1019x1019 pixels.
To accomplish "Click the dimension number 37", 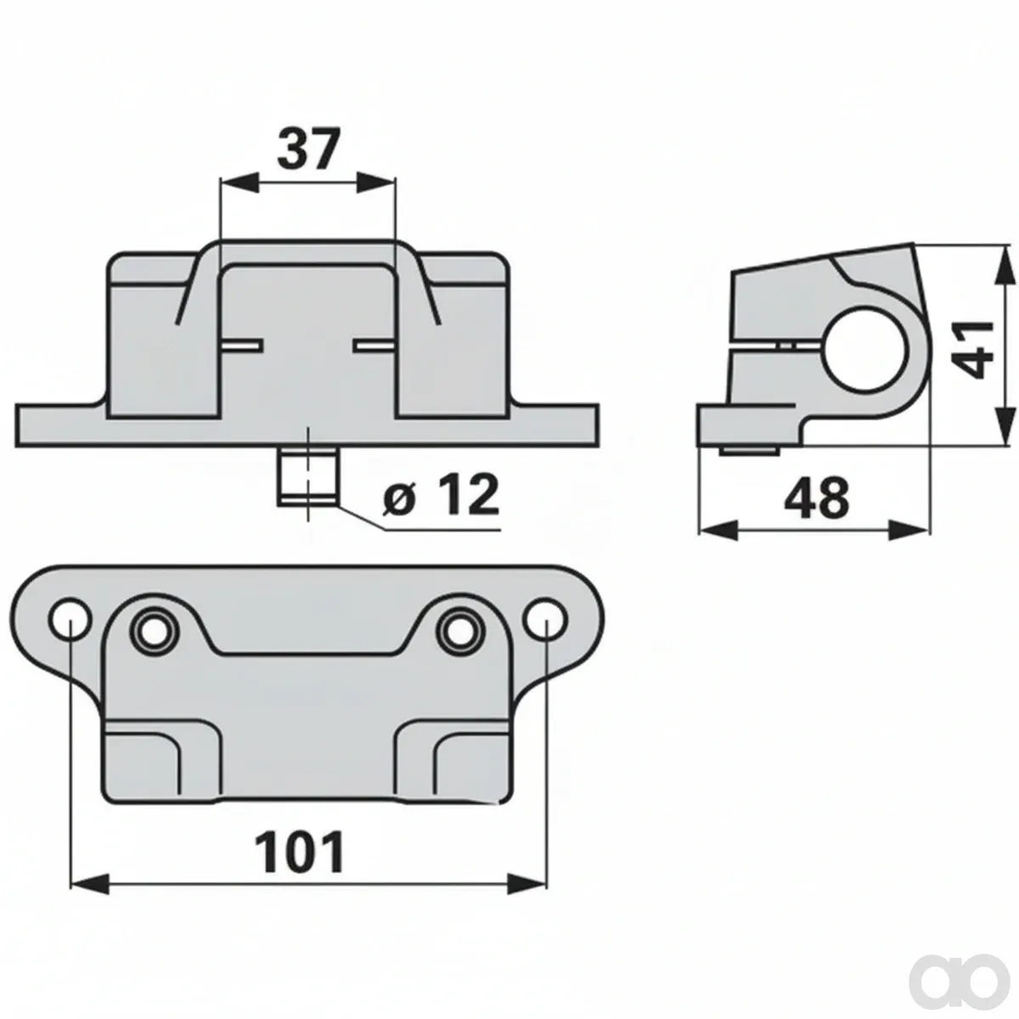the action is pos(307,149).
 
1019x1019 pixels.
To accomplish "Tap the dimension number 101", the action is pos(300,853).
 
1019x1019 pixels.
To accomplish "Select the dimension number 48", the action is pos(817,497).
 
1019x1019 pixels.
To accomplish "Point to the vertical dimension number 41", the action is pos(972,349).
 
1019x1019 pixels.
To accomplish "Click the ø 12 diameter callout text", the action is pos(441,495).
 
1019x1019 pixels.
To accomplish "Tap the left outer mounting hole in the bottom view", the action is pos(70,619).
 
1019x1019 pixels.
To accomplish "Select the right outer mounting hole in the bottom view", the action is pos(546,619).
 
